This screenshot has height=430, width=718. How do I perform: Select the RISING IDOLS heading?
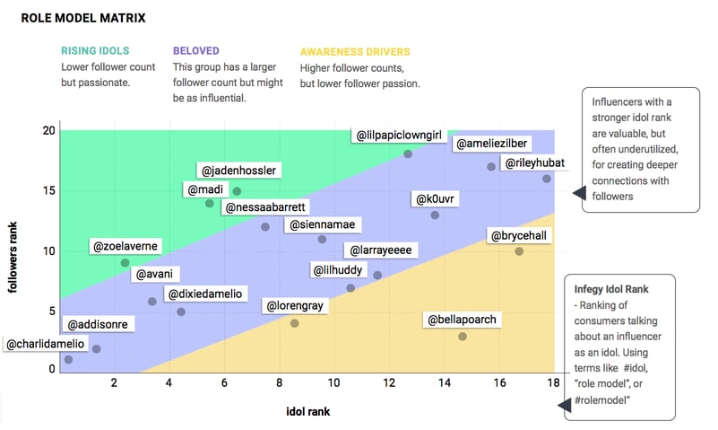tap(94, 51)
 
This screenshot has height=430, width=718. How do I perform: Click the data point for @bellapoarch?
tap(463, 337)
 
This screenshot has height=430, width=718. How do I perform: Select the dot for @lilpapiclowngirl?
tap(408, 154)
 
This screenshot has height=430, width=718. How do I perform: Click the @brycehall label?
tap(518, 235)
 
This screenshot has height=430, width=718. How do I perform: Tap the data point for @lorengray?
tap(294, 323)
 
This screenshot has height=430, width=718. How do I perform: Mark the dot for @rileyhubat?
tap(547, 179)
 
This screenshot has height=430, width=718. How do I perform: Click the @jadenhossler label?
tap(238, 170)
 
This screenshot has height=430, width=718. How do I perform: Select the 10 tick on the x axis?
tap(334, 382)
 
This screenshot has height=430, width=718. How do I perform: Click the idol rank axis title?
tap(307, 410)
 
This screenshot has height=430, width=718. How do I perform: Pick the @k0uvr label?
tap(435, 198)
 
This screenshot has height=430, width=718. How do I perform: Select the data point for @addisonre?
tap(96, 349)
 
